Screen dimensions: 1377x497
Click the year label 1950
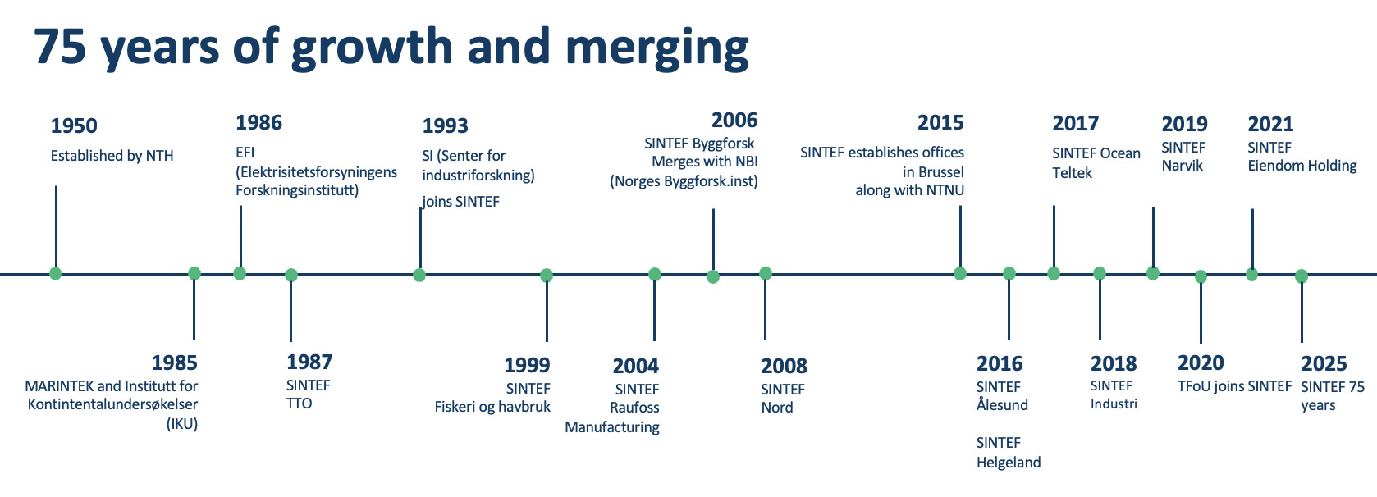[74, 126]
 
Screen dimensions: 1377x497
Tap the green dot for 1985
[194, 273]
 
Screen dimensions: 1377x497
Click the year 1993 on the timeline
[445, 126]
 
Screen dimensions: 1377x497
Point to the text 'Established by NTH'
[112, 156]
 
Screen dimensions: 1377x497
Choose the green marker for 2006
[713, 276]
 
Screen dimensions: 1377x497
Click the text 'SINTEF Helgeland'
[1009, 452]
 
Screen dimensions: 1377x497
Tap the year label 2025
[1324, 363]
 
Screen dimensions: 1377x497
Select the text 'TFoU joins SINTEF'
[1234, 386]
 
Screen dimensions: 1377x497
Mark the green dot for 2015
[960, 273]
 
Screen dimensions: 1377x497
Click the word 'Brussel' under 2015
[941, 172]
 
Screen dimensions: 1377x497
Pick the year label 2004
[636, 366]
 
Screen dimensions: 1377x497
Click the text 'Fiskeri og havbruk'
[492, 408]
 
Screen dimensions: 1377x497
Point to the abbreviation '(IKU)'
[182, 425]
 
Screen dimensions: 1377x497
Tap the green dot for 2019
[1153, 273]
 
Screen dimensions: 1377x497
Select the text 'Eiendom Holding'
[1302, 166]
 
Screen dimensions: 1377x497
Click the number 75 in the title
[60, 47]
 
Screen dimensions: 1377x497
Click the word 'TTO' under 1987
[299, 404]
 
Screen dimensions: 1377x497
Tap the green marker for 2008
[766, 273]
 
